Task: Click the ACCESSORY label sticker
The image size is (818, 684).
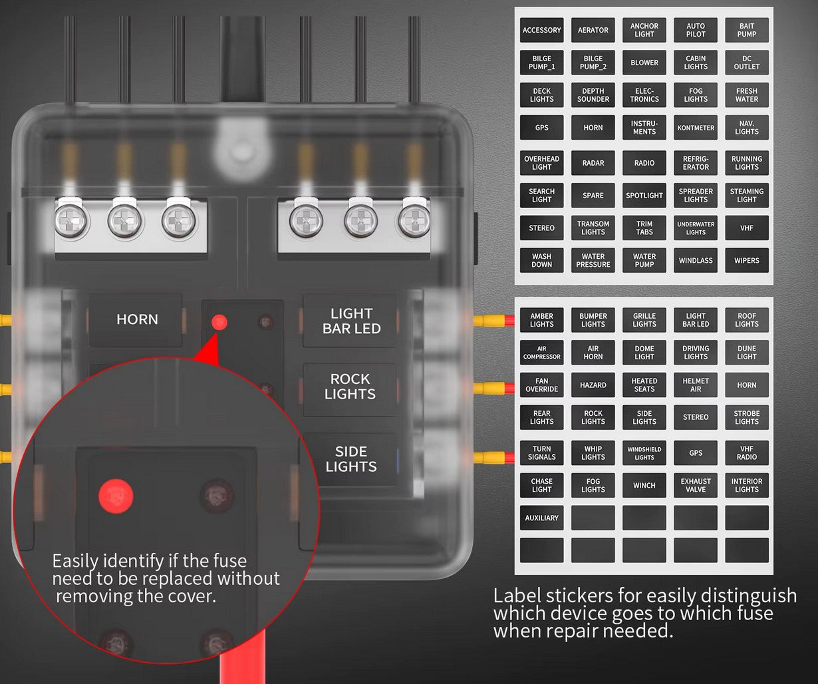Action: [x=541, y=30]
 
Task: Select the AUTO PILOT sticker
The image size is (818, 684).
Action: [x=696, y=30]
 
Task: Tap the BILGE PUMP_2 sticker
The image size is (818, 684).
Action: [x=593, y=63]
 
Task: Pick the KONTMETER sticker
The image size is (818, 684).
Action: [x=696, y=128]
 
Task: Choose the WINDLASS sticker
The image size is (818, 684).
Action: [x=696, y=260]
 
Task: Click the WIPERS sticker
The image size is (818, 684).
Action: [x=747, y=260]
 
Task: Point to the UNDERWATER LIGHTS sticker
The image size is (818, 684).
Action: [x=696, y=228]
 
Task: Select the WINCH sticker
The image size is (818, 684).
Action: [x=644, y=486]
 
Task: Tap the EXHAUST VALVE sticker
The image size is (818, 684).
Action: [x=696, y=486]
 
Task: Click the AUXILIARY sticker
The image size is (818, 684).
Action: [x=541, y=518]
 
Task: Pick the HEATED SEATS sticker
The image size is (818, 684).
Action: [x=644, y=385]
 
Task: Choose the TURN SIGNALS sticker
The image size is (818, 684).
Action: [x=541, y=453]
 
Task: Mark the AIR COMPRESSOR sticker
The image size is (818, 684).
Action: [x=541, y=353]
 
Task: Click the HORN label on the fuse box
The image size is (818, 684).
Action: [x=137, y=319]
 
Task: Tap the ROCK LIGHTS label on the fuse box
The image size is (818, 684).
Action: [x=350, y=387]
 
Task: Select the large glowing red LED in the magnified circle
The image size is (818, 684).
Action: [x=116, y=496]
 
